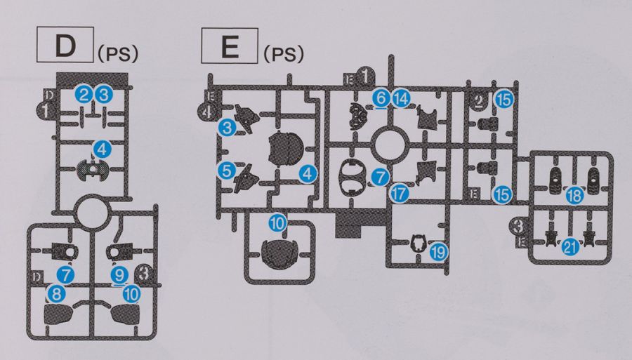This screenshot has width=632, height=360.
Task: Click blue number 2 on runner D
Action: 84,93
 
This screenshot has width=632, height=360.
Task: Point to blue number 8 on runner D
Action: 54,293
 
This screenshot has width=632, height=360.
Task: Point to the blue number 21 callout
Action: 570,245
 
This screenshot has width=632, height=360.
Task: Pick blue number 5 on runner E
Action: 225,170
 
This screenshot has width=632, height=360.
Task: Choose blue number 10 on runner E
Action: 277,224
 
